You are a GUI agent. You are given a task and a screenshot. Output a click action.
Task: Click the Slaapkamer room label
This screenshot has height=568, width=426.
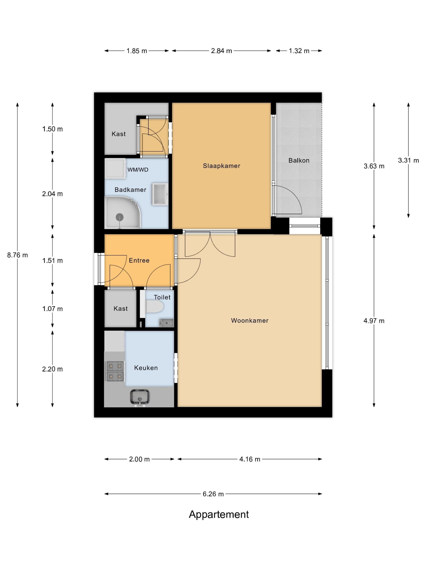221,166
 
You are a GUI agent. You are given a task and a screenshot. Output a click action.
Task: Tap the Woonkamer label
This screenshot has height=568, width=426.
250,321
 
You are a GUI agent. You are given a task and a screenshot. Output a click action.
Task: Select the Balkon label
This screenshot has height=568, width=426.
299,160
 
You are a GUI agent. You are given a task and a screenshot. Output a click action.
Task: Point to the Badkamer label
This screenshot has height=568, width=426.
130,190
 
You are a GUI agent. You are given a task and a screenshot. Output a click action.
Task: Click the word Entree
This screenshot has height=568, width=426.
139,260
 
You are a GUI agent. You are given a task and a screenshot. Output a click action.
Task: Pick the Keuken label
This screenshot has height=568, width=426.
146,368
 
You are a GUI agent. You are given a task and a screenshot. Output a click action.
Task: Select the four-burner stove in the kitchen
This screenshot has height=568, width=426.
115,371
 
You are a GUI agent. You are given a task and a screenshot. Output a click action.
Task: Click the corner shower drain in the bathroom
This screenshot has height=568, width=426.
119,217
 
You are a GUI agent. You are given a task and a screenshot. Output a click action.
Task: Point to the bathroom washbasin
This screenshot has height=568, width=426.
160,194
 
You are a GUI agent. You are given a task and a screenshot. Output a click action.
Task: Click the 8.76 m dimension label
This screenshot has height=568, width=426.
17,255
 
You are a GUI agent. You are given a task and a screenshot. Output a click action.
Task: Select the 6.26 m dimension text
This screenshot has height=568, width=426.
213,494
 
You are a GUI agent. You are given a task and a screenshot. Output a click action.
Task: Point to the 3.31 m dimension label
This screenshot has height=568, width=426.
408,160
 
